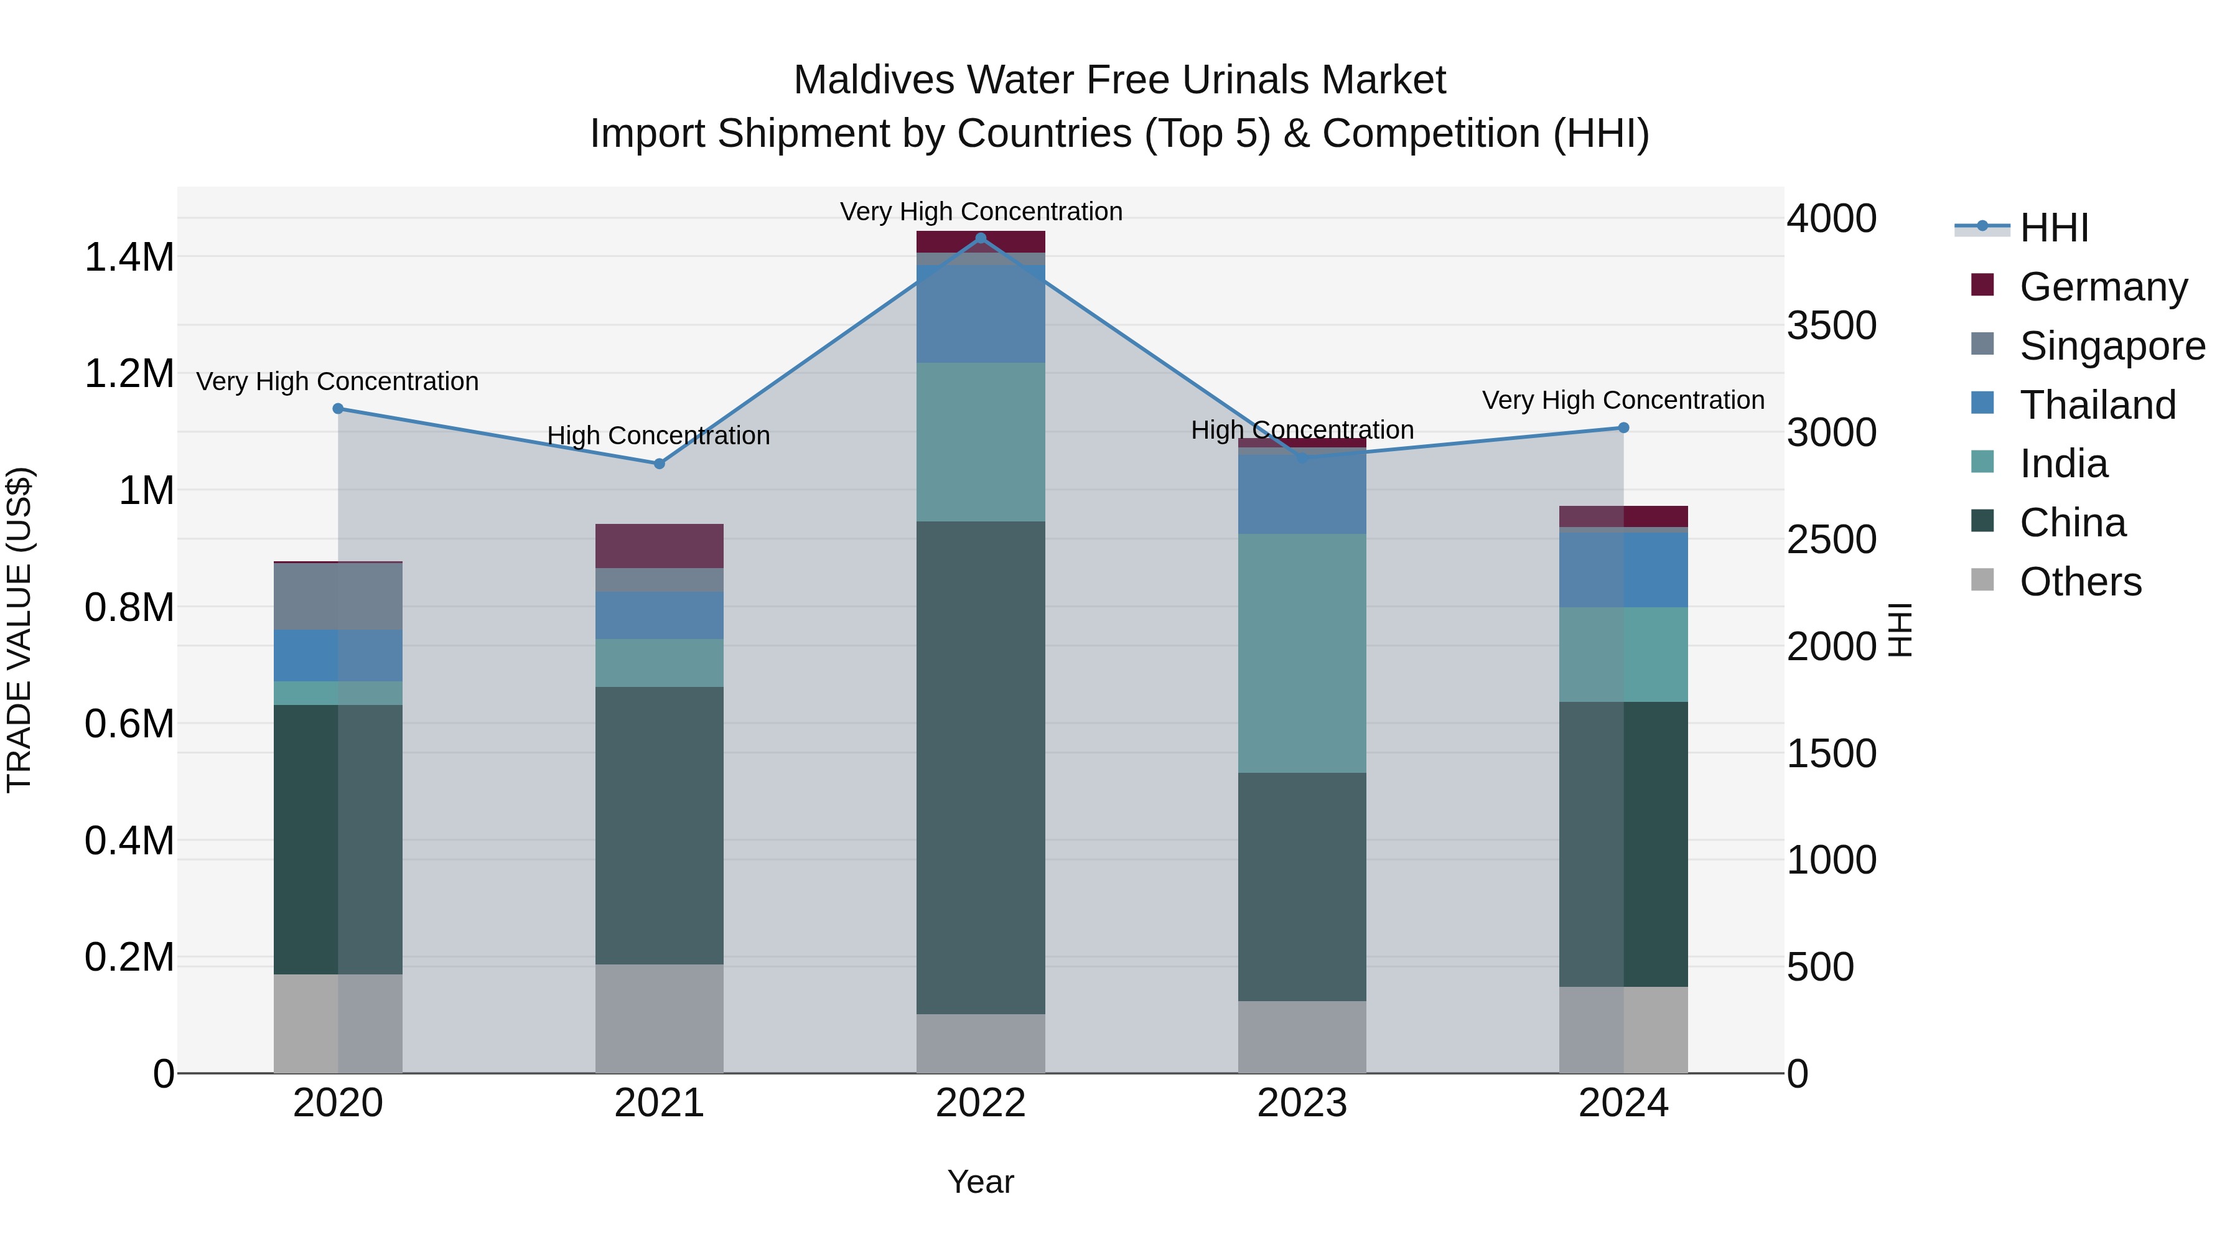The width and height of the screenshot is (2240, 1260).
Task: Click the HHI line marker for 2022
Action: [981, 238]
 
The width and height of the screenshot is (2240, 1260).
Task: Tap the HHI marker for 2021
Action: [659, 464]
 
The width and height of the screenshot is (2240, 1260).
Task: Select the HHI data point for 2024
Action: [1623, 428]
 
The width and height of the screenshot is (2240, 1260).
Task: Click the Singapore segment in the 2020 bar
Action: [338, 597]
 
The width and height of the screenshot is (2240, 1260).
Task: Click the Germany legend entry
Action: [2102, 287]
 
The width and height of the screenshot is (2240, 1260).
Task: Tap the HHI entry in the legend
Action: [2053, 228]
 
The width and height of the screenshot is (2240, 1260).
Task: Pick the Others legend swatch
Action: [1982, 580]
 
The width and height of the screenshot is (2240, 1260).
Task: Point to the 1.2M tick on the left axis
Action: [129, 374]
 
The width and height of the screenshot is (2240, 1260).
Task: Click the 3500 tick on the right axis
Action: [1831, 325]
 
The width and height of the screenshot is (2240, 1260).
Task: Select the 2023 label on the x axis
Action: [1302, 1103]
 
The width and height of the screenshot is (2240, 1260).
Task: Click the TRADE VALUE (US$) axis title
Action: [19, 630]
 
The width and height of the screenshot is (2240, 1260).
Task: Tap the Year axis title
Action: [980, 1182]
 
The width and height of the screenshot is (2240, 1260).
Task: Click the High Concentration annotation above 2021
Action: [658, 435]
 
